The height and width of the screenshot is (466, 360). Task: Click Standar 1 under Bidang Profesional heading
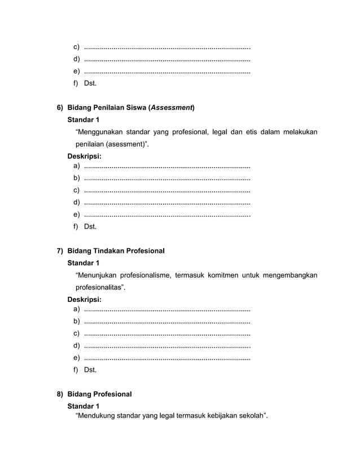83,406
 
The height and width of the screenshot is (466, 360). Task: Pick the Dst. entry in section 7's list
90,370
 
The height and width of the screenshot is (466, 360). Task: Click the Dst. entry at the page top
90,83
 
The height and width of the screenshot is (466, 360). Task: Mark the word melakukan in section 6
296,132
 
